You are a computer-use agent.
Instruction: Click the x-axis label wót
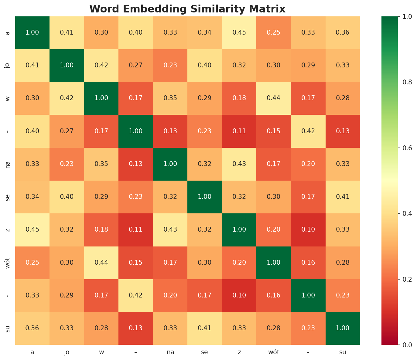pos(274,352)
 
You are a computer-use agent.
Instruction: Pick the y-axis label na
pos(8,164)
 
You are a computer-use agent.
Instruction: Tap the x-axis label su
pos(343,352)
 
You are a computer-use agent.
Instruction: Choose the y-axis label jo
pos(8,66)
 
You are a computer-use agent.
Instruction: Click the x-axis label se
pos(205,352)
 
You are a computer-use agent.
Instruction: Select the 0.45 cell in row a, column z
pos(239,32)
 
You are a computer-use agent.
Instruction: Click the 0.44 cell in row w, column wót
pos(274,98)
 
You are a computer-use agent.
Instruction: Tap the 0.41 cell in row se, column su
pos(343,197)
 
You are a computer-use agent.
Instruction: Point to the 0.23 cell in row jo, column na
pos(170,66)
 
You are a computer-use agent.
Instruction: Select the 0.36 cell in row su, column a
pos(32,328)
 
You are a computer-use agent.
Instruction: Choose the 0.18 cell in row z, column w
pos(101,230)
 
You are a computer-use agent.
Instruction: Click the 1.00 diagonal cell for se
pos(205,197)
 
